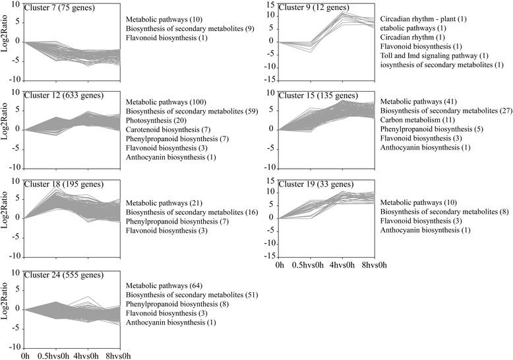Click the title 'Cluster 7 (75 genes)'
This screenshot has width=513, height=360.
pos(57,7)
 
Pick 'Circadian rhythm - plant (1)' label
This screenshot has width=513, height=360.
pos(423,19)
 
